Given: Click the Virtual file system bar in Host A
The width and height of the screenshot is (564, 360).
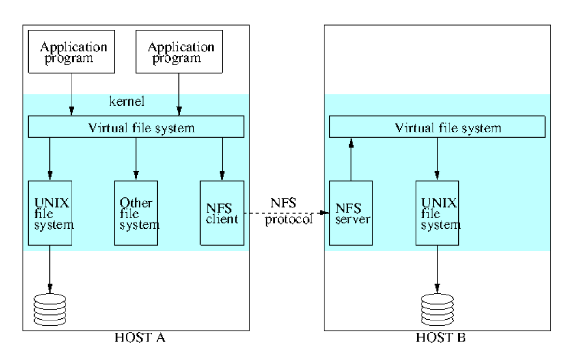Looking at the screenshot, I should click(136, 128).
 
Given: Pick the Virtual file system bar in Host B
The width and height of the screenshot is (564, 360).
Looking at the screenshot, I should click(437, 128).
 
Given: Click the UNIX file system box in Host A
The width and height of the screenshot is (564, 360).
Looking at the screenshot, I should click(50, 213).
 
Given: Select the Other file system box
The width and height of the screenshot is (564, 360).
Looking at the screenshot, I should click(136, 213).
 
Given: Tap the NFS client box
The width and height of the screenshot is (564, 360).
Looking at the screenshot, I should click(221, 213).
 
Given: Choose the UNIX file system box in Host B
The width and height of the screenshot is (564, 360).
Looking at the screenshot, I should click(437, 213).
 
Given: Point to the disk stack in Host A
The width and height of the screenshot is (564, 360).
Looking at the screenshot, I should click(50, 308).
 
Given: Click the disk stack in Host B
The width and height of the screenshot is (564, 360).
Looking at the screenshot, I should click(437, 308).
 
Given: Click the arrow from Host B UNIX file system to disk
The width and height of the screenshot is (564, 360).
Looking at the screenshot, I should click(437, 266).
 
